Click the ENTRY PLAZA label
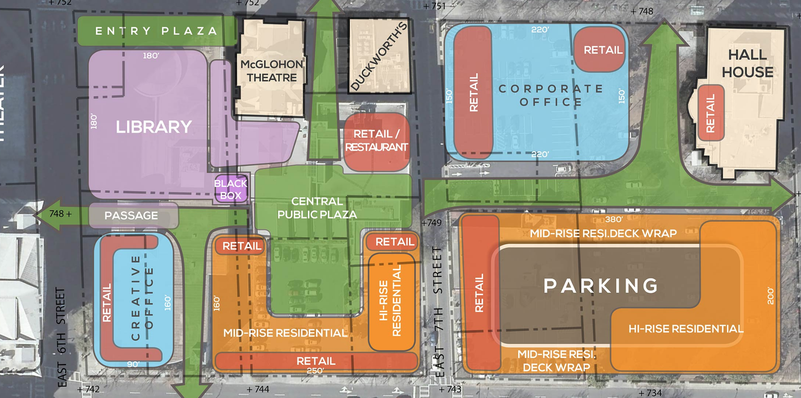(156, 31)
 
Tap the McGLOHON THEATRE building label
(272, 71)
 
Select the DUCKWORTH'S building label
(379, 57)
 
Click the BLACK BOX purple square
(231, 189)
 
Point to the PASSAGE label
(131, 215)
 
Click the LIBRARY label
(154, 127)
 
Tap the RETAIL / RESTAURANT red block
(376, 141)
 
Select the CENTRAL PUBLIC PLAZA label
(317, 208)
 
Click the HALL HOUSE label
(747, 63)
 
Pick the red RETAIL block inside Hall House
(710, 113)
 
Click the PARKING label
(601, 286)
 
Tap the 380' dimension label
(614, 220)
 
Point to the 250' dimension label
(315, 370)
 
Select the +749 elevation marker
(431, 223)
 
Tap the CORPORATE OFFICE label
(551, 95)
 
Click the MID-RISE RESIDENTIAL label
(285, 333)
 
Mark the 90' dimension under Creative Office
(133, 364)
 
